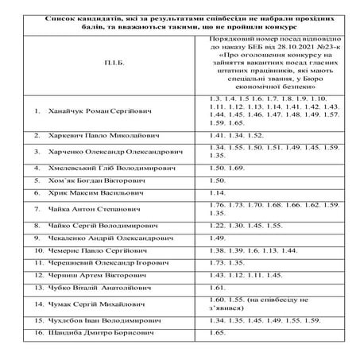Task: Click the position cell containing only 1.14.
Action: coord(215,193)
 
